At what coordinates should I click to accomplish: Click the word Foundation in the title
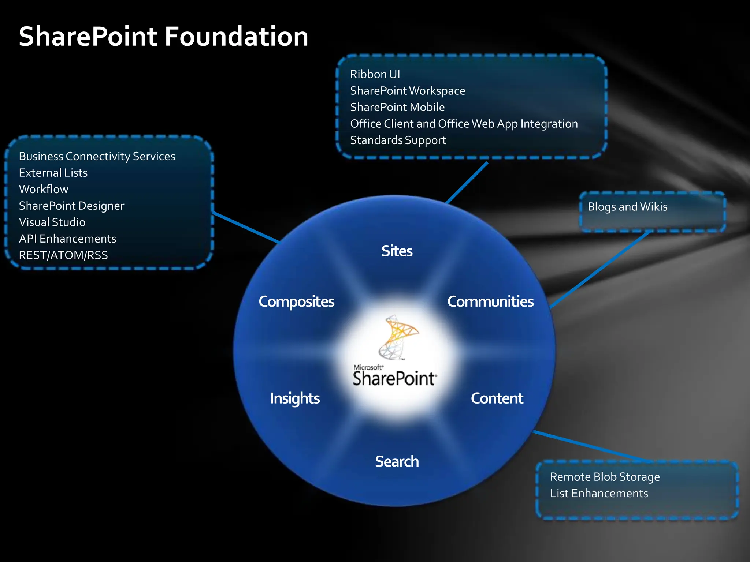tap(236, 37)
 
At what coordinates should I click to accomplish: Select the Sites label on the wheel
tap(397, 251)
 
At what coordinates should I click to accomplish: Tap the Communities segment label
tap(490, 301)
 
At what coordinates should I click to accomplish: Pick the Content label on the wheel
tap(497, 398)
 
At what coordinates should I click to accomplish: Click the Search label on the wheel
tap(397, 461)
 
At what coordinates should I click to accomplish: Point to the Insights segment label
tap(295, 398)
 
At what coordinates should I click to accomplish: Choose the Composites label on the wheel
tap(296, 301)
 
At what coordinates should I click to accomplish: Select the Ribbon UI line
tap(375, 74)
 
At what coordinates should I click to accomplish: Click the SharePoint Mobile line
tap(397, 107)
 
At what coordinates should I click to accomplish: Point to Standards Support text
tap(398, 140)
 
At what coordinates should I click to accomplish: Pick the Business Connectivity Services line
tap(97, 156)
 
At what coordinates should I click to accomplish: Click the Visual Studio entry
tap(52, 222)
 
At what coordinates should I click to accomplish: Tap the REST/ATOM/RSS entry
tap(63, 255)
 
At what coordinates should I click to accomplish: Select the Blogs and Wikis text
tap(627, 207)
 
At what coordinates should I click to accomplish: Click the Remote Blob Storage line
tap(605, 477)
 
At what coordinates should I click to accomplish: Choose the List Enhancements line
tap(599, 493)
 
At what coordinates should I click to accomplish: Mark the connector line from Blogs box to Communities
tap(601, 269)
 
